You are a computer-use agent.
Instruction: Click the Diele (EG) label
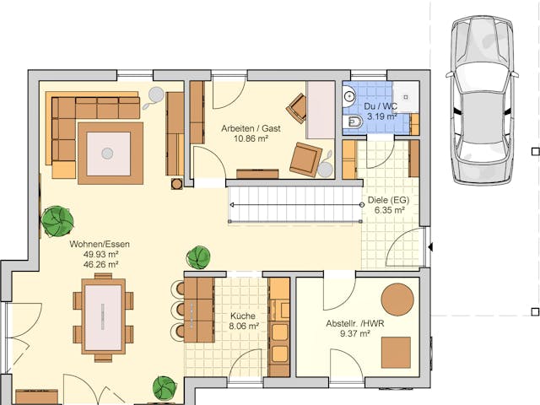point(389,202)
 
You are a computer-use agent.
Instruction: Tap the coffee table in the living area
point(108,153)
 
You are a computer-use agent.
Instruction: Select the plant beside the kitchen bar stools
point(198,256)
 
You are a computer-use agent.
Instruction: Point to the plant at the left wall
point(57,221)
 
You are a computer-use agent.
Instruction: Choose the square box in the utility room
point(395,352)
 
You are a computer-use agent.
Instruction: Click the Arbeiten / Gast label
point(250,128)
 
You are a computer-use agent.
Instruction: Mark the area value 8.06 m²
point(244,326)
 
